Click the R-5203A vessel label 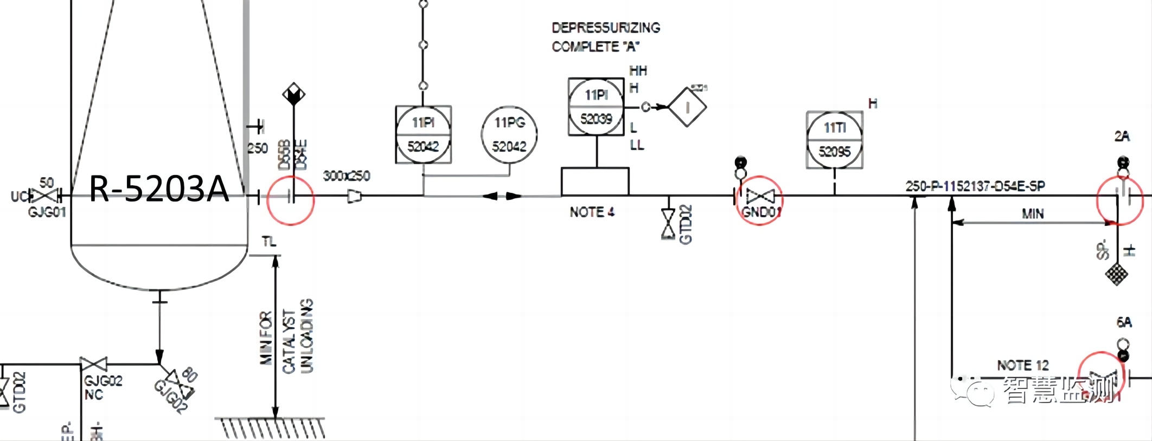158,189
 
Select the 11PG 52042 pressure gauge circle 509,134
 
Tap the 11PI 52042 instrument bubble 423,134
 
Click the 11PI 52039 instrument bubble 596,107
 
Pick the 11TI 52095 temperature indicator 834,140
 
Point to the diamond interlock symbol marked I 687,107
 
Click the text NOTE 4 592,212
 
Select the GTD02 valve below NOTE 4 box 668,224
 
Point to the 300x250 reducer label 347,176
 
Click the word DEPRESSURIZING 605,28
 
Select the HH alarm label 638,71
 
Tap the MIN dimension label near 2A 1033,214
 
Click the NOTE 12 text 1022,365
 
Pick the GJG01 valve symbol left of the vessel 44,196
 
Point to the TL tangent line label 269,242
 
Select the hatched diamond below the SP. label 1116,274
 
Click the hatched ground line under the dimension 271,427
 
